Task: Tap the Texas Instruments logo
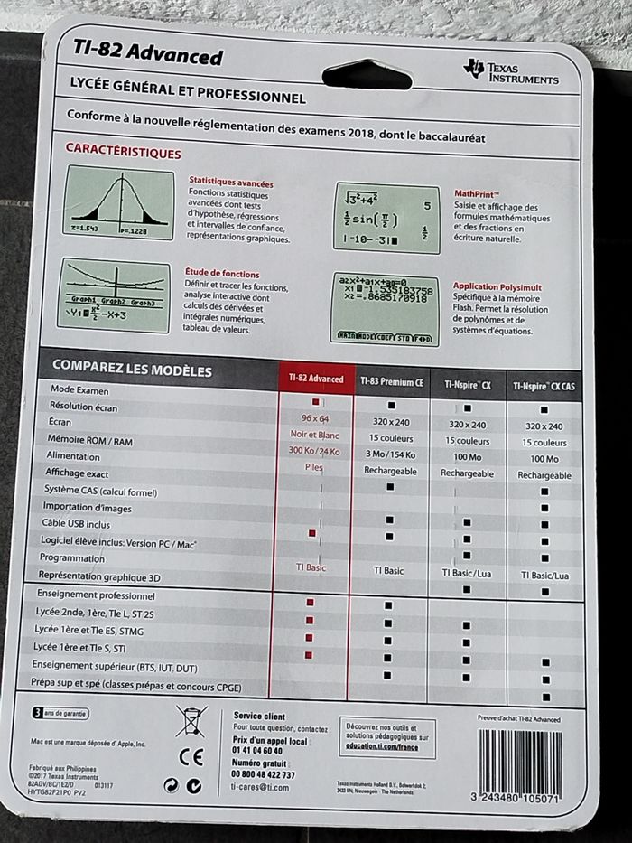click(510, 71)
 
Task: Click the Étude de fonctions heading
click(222, 273)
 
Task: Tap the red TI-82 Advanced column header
click(315, 379)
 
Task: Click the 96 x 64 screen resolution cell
click(314, 419)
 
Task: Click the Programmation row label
click(71, 558)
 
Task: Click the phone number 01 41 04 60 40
click(257, 751)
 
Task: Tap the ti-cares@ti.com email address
click(261, 788)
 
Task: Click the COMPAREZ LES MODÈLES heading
click(132, 370)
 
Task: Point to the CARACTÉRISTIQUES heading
click(124, 154)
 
